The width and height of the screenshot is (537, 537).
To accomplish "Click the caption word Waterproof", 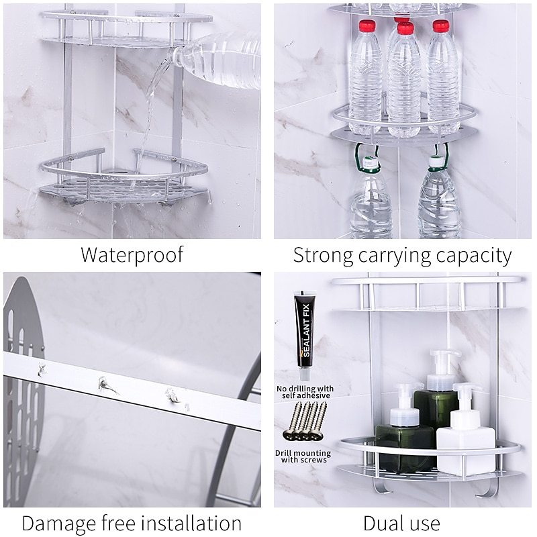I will tap(132, 255).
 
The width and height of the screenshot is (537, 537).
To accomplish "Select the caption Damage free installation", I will tap(132, 522).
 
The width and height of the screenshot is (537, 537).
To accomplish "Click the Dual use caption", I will tap(401, 522).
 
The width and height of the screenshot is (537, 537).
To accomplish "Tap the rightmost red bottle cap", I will tap(440, 27).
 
